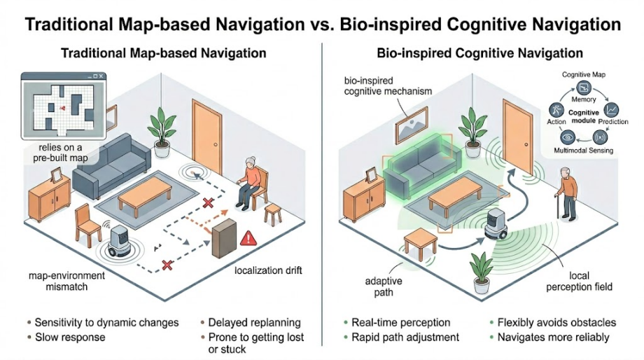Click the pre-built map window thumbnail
64,106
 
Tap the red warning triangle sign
248,238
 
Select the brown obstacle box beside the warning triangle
224,238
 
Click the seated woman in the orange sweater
248,183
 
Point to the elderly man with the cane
567,193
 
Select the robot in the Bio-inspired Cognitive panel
496,223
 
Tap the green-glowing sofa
422,165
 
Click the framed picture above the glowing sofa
411,125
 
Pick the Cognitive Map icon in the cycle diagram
583,88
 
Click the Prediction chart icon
611,110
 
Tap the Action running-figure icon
556,110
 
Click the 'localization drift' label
268,270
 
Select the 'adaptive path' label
384,286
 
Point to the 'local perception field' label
579,281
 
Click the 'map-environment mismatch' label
66,281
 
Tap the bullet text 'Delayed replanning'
255,323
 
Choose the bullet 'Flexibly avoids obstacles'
556,323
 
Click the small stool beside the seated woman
273,214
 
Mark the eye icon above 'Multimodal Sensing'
568,137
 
